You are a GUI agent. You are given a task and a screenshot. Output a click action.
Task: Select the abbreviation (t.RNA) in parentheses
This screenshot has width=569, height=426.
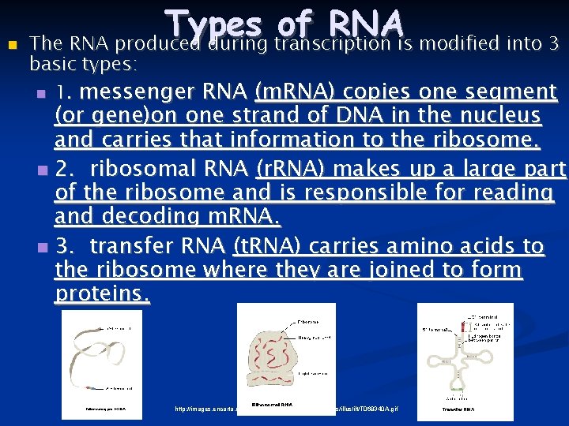pos(269,246)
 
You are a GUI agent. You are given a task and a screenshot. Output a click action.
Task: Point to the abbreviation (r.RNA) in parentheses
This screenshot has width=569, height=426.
pos(292,170)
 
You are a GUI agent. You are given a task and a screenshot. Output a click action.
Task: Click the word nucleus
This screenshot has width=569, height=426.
pos(503,116)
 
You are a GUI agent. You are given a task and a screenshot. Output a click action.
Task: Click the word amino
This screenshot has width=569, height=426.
pos(415,246)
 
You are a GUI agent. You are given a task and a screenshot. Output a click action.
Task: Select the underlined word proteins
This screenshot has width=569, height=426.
pos(102,293)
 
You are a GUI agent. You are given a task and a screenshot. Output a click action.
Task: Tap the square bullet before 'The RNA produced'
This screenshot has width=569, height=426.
pos(10,44)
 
